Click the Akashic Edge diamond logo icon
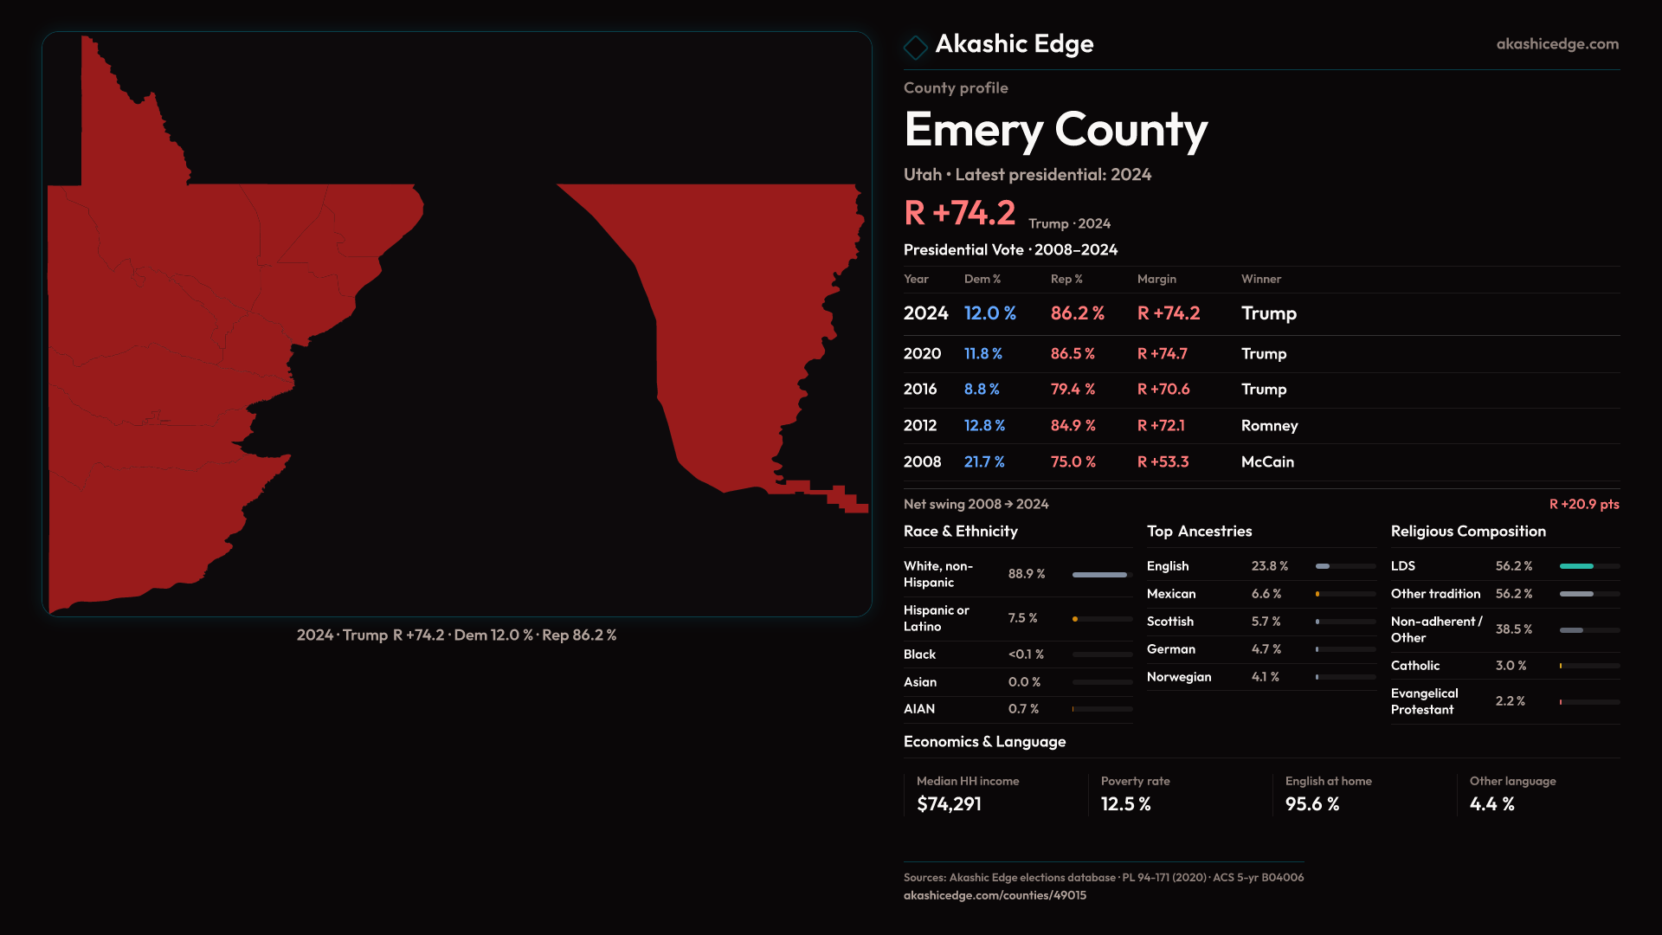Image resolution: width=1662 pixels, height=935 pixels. (915, 47)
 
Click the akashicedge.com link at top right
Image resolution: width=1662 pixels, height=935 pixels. (1556, 44)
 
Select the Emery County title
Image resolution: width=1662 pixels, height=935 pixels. (1055, 130)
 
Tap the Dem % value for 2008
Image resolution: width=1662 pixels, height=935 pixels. (984, 462)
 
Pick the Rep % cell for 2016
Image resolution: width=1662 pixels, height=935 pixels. (1073, 390)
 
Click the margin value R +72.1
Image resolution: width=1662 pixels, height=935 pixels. (1161, 426)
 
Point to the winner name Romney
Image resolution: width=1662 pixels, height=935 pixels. (1269, 426)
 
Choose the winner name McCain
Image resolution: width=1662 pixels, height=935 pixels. (1267, 462)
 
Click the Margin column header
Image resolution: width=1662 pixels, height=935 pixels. (1156, 279)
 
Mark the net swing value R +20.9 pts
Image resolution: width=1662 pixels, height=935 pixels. (1583, 504)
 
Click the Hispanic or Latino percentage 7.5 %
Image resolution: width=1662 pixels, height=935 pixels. (1022, 618)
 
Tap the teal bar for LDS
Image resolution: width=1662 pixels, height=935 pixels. (1576, 566)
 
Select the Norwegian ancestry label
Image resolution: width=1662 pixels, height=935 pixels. (1179, 677)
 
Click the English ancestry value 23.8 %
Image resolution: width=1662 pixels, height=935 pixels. (1269, 566)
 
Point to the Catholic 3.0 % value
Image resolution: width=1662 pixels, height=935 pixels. (1511, 666)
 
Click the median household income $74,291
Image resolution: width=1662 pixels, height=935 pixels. (949, 804)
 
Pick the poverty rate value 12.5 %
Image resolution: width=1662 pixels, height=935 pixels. (1125, 804)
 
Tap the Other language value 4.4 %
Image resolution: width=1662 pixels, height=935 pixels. (1491, 804)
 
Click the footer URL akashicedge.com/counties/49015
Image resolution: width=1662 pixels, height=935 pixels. (995, 896)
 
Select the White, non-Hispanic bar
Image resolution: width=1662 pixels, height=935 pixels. (1099, 575)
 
